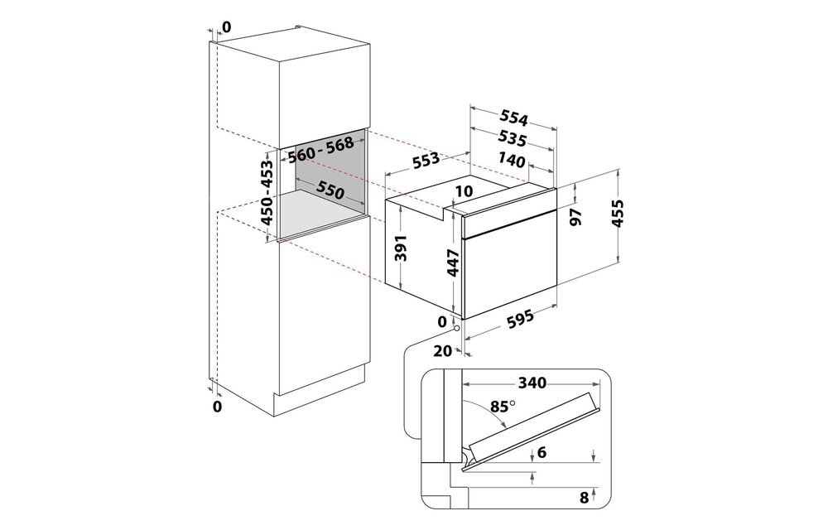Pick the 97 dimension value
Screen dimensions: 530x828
point(599,217)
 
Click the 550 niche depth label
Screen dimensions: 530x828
point(330,190)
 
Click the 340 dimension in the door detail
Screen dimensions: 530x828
point(532,383)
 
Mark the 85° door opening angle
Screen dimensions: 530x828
point(501,406)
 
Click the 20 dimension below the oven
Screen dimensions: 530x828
point(443,351)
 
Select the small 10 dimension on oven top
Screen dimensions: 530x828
point(464,191)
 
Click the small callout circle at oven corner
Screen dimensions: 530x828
point(455,328)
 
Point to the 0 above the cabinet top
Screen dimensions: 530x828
point(227,27)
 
